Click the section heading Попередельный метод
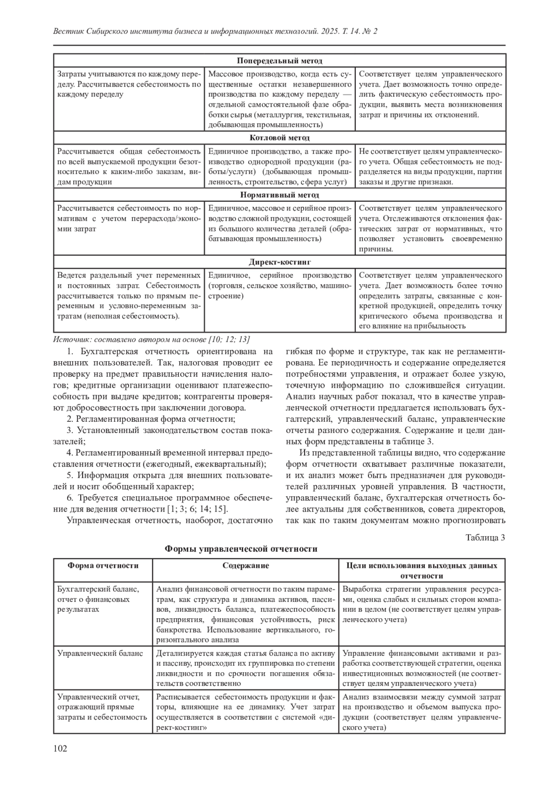click(x=279, y=61)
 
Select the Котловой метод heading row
click(x=279, y=138)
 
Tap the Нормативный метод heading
click(x=279, y=195)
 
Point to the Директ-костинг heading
click(x=279, y=262)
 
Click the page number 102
click(x=61, y=748)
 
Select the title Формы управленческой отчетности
click(x=241, y=549)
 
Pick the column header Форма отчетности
click(x=103, y=566)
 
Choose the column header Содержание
click(x=245, y=566)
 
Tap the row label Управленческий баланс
click(x=100, y=653)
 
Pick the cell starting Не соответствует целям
click(x=430, y=166)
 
